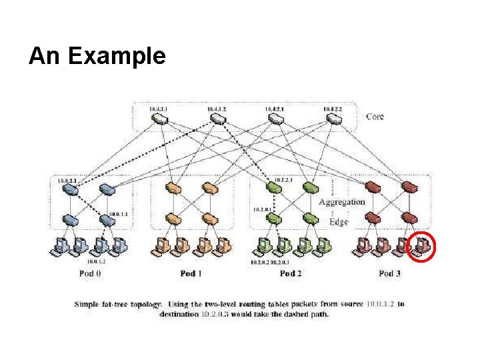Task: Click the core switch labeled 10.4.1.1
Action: coord(159,119)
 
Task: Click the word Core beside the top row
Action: coord(375,117)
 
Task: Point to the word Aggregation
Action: coord(341,202)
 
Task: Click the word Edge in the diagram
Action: coord(338,221)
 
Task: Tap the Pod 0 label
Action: coord(88,273)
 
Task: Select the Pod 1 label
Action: coord(191,273)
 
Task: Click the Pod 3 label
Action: coord(390,273)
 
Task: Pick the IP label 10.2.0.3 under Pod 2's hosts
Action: coord(281,263)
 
